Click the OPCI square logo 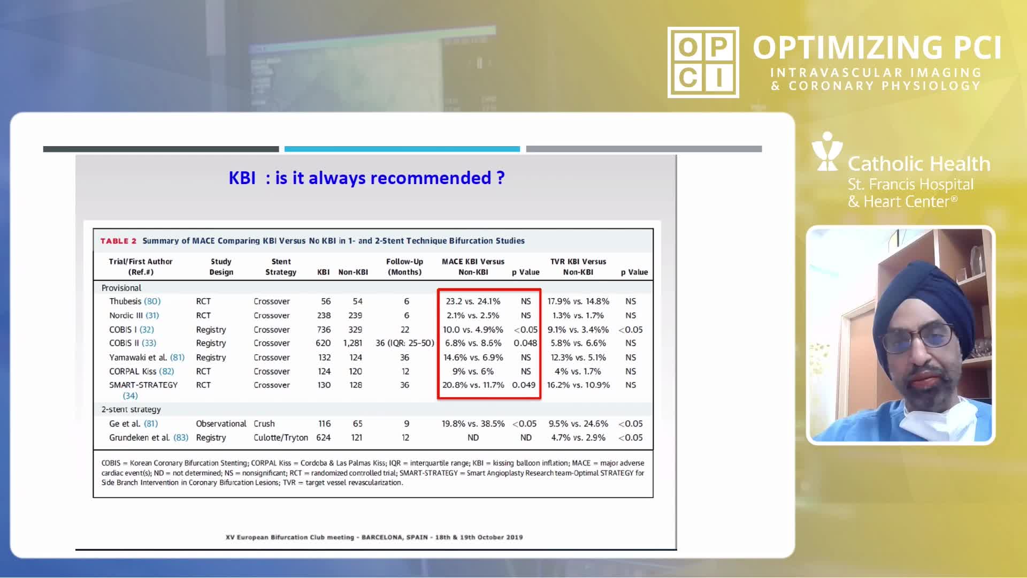703,62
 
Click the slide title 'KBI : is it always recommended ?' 366,178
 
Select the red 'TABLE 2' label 118,241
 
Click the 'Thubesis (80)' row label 135,301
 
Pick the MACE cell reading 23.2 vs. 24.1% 473,301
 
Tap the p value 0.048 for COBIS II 525,343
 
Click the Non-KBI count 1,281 352,343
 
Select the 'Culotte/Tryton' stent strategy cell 281,438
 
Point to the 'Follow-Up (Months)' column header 404,267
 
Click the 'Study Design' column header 221,267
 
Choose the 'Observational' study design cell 221,424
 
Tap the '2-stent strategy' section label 131,409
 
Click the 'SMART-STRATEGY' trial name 143,385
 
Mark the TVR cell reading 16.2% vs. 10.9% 578,385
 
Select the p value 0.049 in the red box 524,385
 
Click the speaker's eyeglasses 916,338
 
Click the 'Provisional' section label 121,288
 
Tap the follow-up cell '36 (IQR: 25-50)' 404,343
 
